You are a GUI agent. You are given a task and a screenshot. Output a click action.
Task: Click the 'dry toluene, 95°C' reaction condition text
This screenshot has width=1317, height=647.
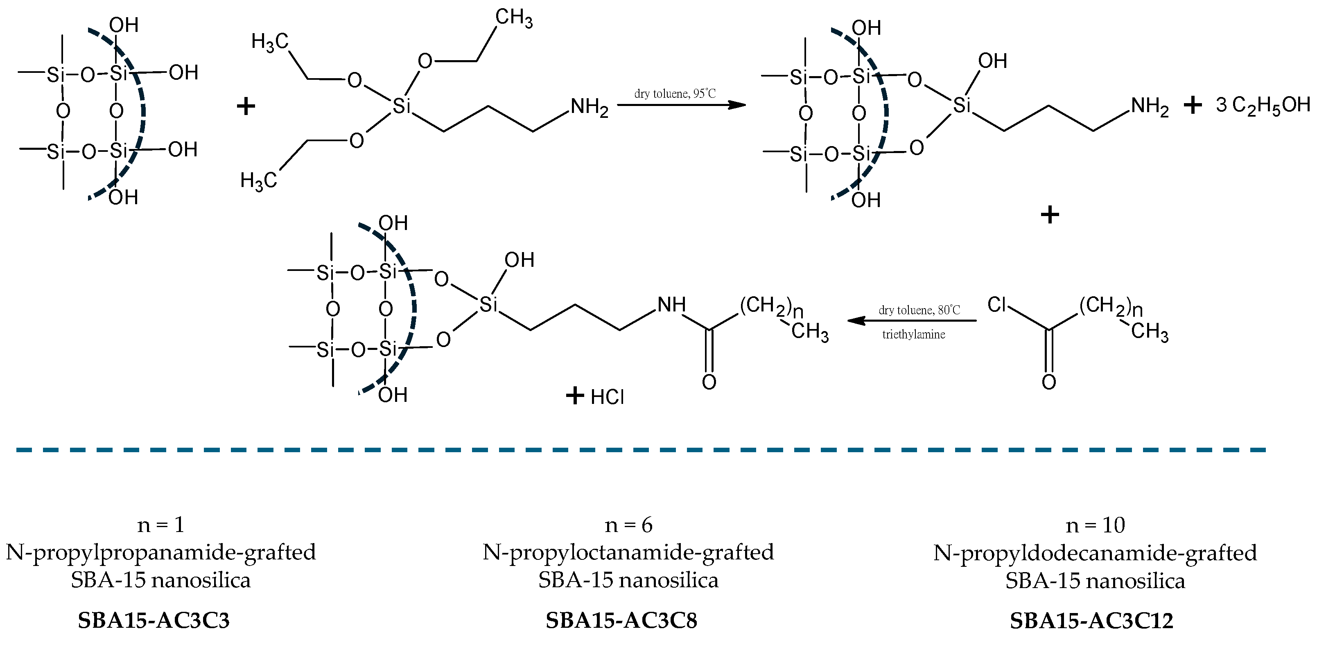[x=674, y=94]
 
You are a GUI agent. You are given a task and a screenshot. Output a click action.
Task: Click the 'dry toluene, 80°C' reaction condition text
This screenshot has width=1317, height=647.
[x=919, y=310]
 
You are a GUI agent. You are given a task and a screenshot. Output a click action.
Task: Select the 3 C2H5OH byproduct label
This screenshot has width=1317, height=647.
[x=1263, y=105]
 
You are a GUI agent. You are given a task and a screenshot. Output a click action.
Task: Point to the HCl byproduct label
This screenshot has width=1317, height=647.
[x=607, y=397]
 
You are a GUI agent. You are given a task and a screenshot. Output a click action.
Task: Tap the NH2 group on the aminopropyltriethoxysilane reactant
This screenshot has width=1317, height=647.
[x=589, y=107]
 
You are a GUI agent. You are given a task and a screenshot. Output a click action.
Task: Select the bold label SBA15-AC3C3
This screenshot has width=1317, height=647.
[x=154, y=620]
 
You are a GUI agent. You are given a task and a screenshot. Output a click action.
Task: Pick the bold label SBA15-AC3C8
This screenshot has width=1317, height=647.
[x=621, y=620]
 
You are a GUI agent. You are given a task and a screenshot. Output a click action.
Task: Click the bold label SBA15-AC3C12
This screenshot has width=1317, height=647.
[x=1091, y=620]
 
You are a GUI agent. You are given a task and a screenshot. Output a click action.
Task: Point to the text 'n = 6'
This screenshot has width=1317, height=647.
[x=628, y=525]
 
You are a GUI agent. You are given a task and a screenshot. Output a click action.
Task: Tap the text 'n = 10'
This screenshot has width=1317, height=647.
[x=1095, y=525]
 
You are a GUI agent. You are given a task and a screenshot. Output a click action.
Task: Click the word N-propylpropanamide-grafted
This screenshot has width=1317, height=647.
[x=160, y=552]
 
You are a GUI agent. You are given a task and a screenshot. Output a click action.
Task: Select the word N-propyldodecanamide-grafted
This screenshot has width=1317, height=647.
[x=1095, y=553]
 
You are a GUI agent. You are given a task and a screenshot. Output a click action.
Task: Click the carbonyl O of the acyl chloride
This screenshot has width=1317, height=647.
[x=1048, y=382]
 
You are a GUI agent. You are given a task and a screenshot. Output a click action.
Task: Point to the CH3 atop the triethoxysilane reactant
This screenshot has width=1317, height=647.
[x=513, y=18]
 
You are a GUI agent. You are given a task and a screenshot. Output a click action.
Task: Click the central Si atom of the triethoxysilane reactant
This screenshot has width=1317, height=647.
[x=401, y=106]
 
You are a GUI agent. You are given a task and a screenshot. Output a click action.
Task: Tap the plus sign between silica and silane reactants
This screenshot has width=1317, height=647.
[x=246, y=106]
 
